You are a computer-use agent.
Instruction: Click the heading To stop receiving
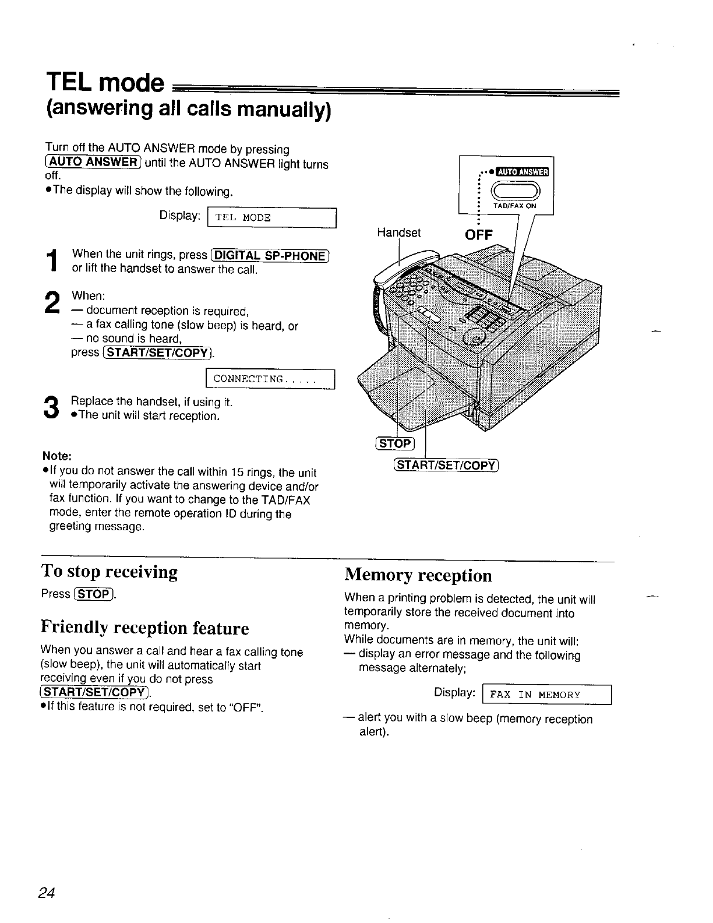110,571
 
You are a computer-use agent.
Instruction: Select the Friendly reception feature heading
144,628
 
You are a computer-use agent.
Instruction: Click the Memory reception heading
418,575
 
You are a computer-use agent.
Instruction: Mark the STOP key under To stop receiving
94,594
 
